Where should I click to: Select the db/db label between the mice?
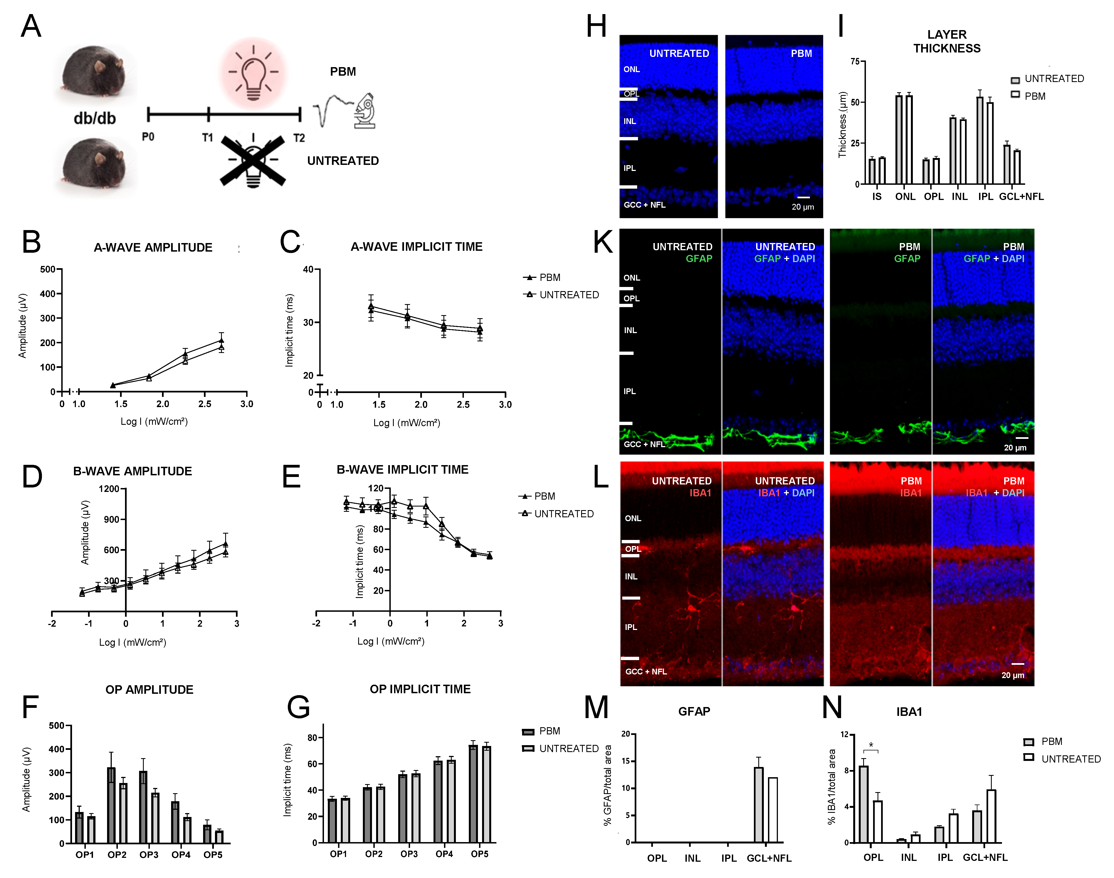pyautogui.click(x=94, y=119)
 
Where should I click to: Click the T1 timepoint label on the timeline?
pyautogui.click(x=208, y=138)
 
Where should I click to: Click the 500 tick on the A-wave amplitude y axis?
pyautogui.click(x=48, y=269)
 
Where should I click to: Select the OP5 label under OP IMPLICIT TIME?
pyautogui.click(x=480, y=854)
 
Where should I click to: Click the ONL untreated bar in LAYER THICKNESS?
pyautogui.click(x=899, y=139)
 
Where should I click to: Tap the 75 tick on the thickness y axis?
pyautogui.click(x=855, y=62)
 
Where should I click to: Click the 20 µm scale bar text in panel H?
pyautogui.click(x=803, y=207)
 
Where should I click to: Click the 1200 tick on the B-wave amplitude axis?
pyautogui.click(x=109, y=489)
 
